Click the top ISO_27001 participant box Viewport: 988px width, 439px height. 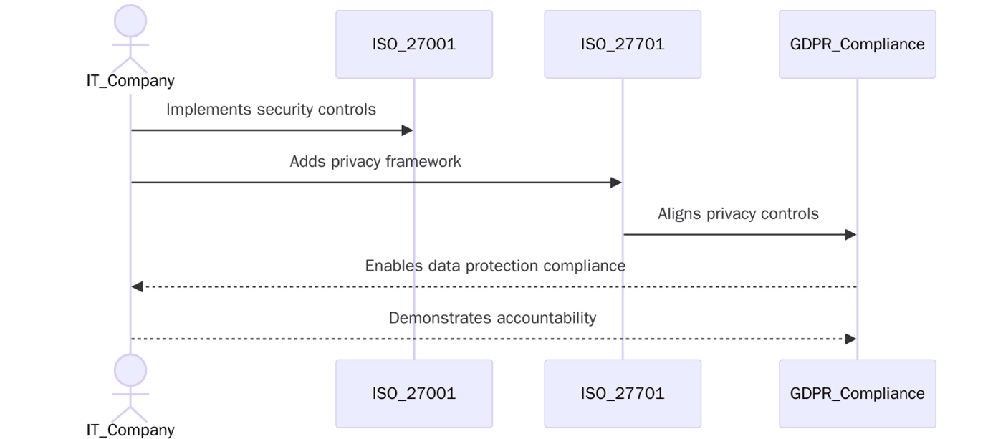click(x=413, y=44)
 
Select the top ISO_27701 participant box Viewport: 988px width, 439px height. click(x=622, y=44)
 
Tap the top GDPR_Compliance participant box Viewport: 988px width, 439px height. click(x=857, y=44)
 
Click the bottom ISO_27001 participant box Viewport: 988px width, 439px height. click(x=413, y=393)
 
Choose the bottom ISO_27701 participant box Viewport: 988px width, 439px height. click(x=622, y=393)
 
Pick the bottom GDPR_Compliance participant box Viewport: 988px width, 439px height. click(x=857, y=393)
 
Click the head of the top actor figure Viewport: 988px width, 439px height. click(x=130, y=20)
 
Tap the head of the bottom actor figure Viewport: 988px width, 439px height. click(x=130, y=370)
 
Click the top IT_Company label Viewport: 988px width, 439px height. click(x=130, y=80)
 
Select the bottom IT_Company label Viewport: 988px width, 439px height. click(x=130, y=430)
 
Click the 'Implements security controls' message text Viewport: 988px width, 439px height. click(x=271, y=110)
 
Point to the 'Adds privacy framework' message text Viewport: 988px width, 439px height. click(x=375, y=162)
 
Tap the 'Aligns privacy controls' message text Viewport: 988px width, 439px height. click(x=738, y=214)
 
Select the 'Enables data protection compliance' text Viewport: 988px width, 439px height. click(x=495, y=266)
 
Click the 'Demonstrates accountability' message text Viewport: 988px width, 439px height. click(x=492, y=318)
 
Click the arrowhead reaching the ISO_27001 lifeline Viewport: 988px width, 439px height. click(x=408, y=130)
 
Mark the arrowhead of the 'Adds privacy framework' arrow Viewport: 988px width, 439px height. click(x=616, y=183)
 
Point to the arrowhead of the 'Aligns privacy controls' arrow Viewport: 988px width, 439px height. click(x=851, y=235)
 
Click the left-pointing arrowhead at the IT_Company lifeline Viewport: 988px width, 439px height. click(x=137, y=286)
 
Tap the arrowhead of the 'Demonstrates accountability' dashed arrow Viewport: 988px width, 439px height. click(x=851, y=339)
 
